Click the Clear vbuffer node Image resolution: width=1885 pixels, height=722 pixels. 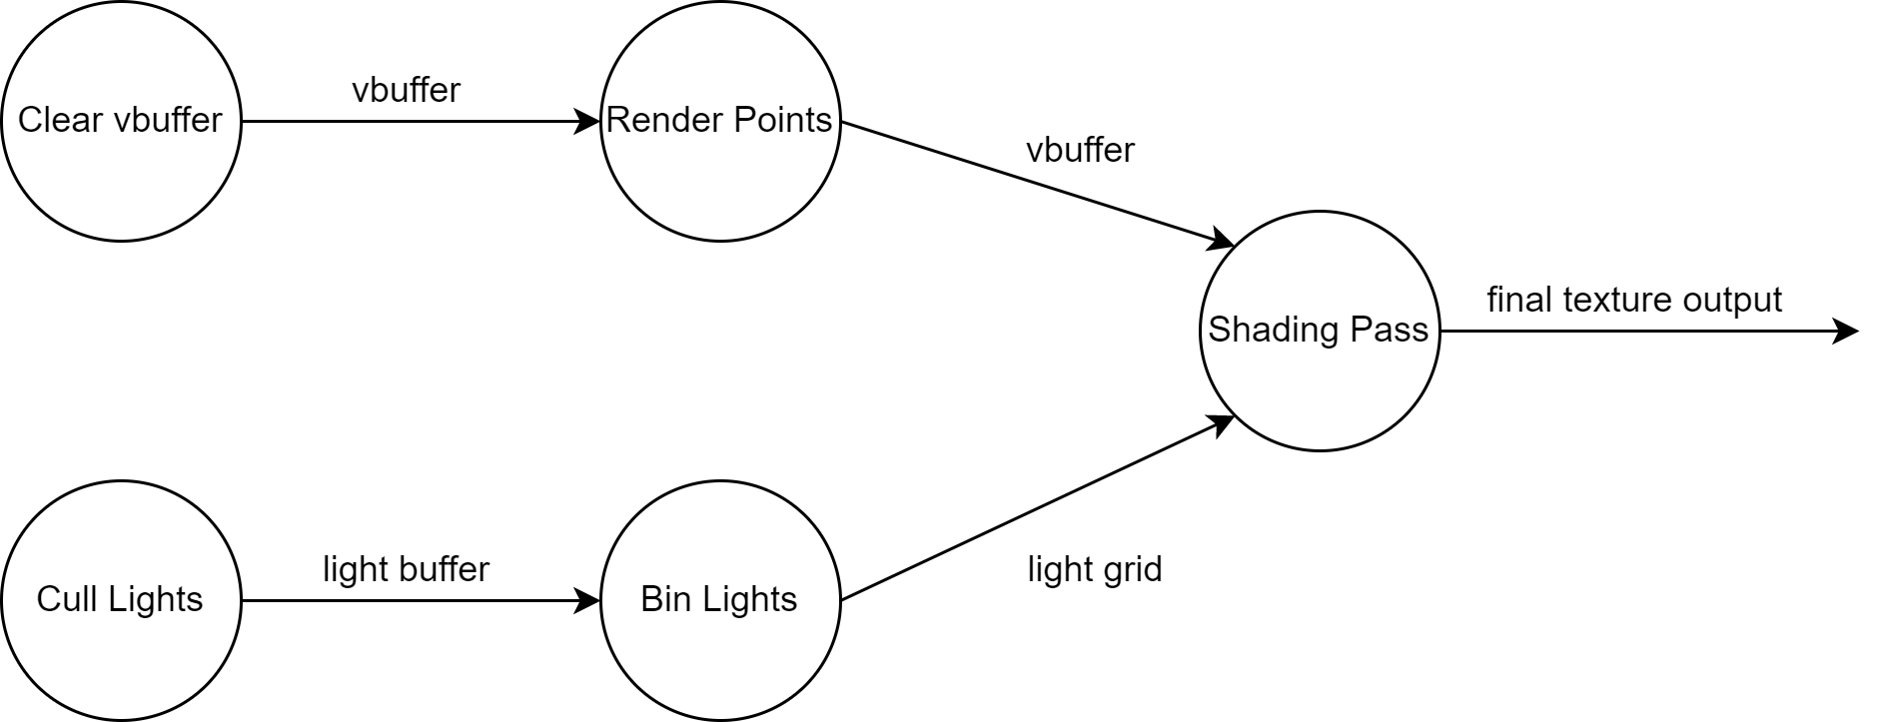(x=121, y=121)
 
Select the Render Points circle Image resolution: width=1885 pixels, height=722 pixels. (x=720, y=121)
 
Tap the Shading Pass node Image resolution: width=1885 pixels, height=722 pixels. (x=1320, y=331)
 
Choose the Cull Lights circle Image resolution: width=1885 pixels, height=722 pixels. (x=121, y=600)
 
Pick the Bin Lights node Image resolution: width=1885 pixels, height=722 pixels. (x=720, y=600)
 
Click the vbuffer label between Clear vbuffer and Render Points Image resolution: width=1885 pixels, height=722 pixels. (x=406, y=90)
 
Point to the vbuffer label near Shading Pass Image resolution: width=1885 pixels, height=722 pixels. (x=1080, y=150)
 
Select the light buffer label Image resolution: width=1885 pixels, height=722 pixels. (x=406, y=569)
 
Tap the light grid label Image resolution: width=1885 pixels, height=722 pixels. (x=1095, y=569)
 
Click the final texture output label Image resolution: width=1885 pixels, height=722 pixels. (x=1634, y=300)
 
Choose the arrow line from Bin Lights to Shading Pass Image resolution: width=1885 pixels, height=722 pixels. (x=1038, y=508)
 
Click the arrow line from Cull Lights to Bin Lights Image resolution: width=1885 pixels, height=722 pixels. (x=421, y=600)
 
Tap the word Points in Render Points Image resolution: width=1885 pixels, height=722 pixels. (x=783, y=120)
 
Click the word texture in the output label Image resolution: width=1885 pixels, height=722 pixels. (x=1618, y=300)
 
